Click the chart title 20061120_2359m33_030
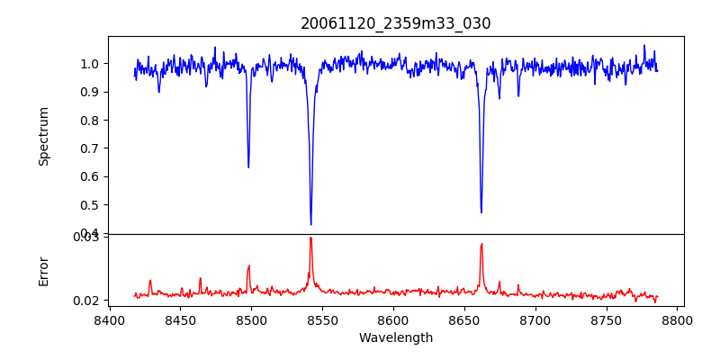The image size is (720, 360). pos(395,23)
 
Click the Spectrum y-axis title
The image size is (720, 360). pos(44,136)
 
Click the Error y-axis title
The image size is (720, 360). pos(44,271)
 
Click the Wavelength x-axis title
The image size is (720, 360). pos(395,338)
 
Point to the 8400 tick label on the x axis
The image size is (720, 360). pos(109,319)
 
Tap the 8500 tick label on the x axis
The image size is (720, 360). pos(251,319)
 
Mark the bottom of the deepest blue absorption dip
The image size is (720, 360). pos(310,224)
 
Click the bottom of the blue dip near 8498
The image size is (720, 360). pos(248,166)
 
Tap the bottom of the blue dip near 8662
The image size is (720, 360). pos(481,212)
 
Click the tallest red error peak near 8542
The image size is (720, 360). pos(310,238)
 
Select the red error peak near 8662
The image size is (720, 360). pos(481,244)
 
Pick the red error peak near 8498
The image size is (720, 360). pos(248,265)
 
